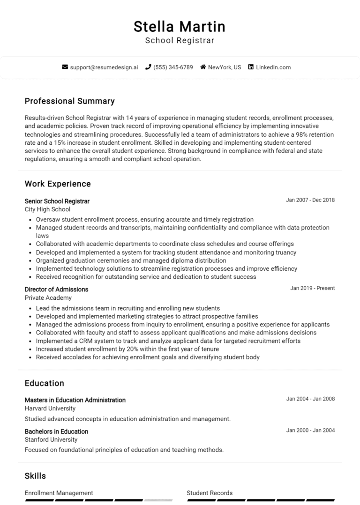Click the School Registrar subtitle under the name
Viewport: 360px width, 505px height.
point(180,41)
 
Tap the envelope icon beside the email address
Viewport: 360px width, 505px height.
point(65,67)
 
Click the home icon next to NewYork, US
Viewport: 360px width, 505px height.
point(203,67)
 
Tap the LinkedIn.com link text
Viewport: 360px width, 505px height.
point(273,67)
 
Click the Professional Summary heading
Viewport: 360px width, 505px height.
point(69,101)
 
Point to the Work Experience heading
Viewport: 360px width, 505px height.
point(58,184)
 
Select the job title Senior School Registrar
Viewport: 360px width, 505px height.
point(57,201)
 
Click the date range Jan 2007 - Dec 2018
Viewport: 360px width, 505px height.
point(310,200)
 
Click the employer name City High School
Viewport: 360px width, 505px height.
point(47,209)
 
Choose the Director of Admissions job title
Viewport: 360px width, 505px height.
point(56,290)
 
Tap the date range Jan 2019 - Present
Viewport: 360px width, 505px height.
point(312,288)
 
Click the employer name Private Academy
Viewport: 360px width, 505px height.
point(48,298)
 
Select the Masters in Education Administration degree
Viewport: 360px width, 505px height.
point(75,400)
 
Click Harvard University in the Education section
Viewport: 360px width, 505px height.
point(50,408)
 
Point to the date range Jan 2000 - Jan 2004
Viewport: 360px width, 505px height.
point(310,431)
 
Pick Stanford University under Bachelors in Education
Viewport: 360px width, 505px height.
point(51,440)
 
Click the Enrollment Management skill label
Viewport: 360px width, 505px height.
point(59,493)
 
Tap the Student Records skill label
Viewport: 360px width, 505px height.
point(210,493)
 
